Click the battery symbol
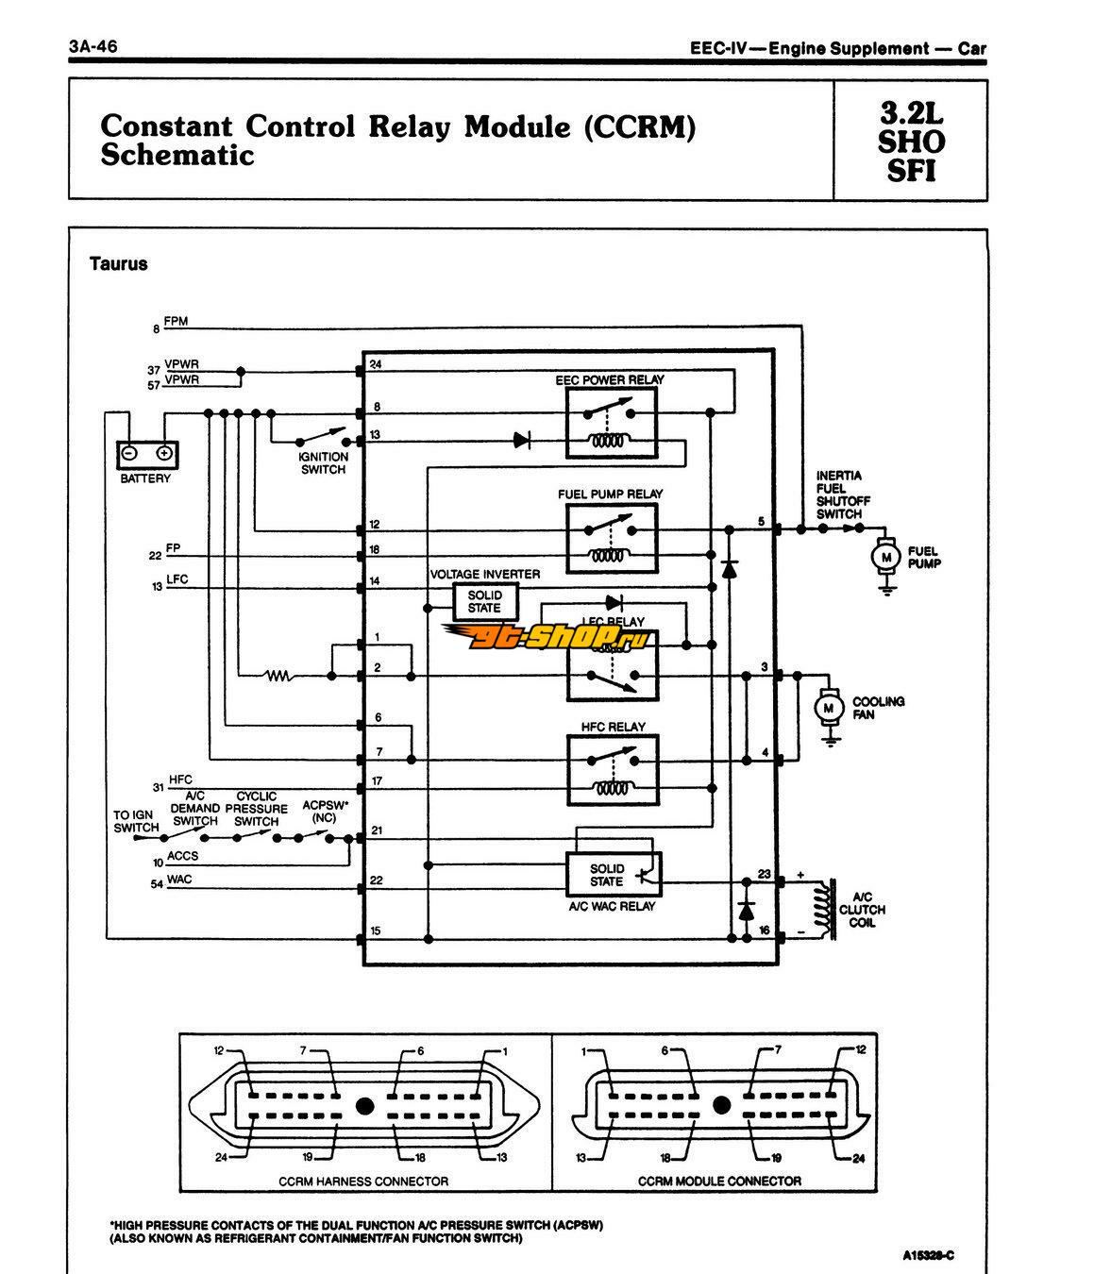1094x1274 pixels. (x=146, y=455)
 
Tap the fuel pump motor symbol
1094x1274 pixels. (x=885, y=556)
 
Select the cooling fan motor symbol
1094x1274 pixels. (x=831, y=706)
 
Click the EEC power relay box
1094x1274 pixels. (x=612, y=421)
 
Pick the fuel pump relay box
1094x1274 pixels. (x=612, y=536)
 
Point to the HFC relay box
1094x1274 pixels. (x=612, y=769)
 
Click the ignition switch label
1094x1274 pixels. (x=324, y=462)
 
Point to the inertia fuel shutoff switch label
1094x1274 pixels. (x=839, y=495)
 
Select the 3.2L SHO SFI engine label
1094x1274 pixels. (x=911, y=142)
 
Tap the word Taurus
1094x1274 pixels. (x=119, y=264)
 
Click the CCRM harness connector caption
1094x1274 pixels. (x=363, y=1181)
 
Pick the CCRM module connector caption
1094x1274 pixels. (x=719, y=1181)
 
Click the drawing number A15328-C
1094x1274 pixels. (x=928, y=1254)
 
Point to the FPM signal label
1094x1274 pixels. (x=176, y=322)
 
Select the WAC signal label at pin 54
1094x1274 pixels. (x=179, y=880)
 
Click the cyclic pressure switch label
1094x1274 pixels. (x=256, y=809)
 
